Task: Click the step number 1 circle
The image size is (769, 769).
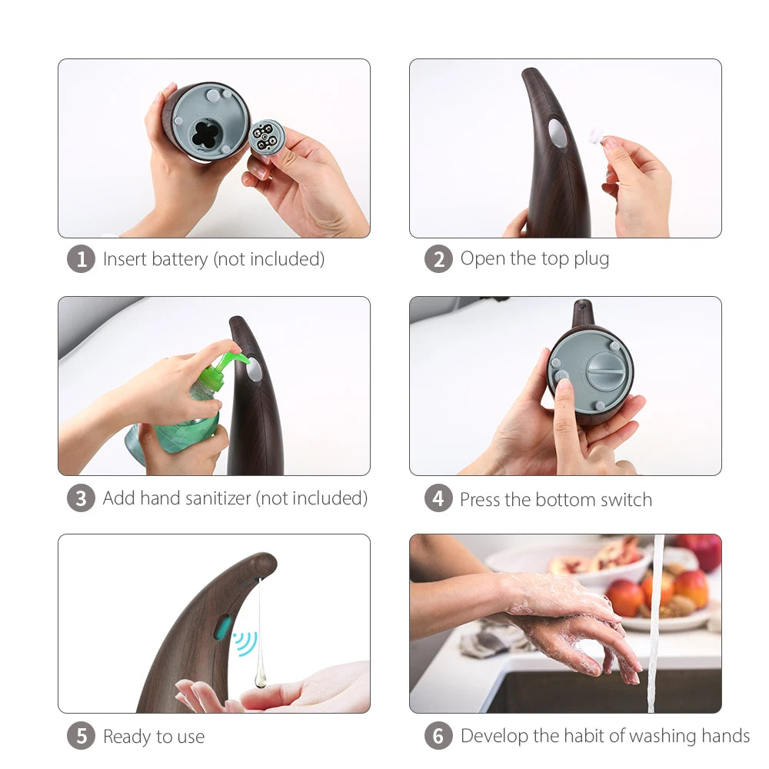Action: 81,259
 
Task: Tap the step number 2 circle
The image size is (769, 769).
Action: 438,259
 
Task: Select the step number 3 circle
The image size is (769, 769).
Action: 81,498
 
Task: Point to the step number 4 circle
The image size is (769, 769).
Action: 438,498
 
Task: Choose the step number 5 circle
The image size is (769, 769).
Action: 81,736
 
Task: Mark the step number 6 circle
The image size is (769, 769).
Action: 438,736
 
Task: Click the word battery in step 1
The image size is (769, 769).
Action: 179,259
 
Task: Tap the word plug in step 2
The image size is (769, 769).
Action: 591,259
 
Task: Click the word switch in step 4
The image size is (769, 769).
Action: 626,499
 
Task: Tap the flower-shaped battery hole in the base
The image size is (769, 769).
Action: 206,134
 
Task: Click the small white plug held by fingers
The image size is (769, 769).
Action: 597,135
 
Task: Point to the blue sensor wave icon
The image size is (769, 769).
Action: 246,643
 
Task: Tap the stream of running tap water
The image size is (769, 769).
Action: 654,623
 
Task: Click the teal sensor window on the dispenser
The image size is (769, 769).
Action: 223,628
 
